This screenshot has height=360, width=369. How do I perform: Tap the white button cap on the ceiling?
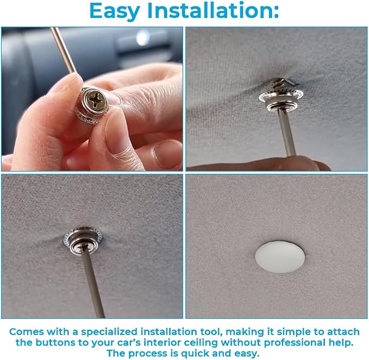(x=280, y=256)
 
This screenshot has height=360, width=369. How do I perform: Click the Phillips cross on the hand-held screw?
(x=94, y=102)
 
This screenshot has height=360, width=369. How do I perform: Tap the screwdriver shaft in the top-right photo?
(x=286, y=132)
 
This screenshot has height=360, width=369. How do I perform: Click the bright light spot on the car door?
(x=142, y=37)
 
